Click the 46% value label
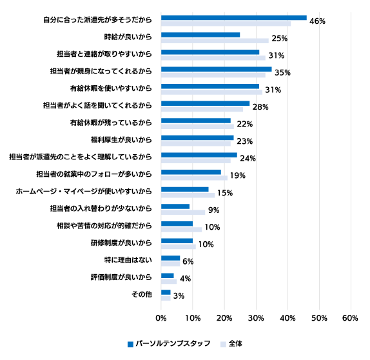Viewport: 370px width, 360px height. pyautogui.click(x=317, y=21)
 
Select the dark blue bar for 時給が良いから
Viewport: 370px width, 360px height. pyautogui.click(x=200, y=35)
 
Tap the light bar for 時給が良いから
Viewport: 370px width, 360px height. pyautogui.click(x=215, y=41)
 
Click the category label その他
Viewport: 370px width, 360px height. pyautogui.click(x=142, y=294)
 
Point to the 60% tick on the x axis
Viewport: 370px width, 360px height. pyautogui.click(x=350, y=318)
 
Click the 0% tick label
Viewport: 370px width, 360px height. pyautogui.click(x=161, y=318)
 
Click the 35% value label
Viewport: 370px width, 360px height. pyautogui.click(x=282, y=72)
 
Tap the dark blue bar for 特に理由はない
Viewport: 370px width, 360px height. pyautogui.click(x=171, y=258)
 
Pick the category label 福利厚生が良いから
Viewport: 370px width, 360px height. pyautogui.click(x=121, y=140)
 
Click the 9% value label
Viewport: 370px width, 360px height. pyautogui.click(x=214, y=210)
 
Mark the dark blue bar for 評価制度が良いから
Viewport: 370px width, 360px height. pyautogui.click(x=168, y=275)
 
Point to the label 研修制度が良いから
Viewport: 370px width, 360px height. pyautogui.click(x=121, y=243)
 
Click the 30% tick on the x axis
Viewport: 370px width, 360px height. pyautogui.click(x=256, y=318)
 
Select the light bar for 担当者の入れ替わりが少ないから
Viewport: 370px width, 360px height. pyautogui.click(x=183, y=212)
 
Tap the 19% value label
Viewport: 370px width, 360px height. pyautogui.click(x=238, y=175)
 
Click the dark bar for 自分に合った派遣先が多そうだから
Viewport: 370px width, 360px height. pyautogui.click(x=234, y=17)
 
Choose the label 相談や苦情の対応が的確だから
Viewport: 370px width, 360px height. pyautogui.click(x=104, y=226)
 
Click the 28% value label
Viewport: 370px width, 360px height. pyautogui.click(x=260, y=107)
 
